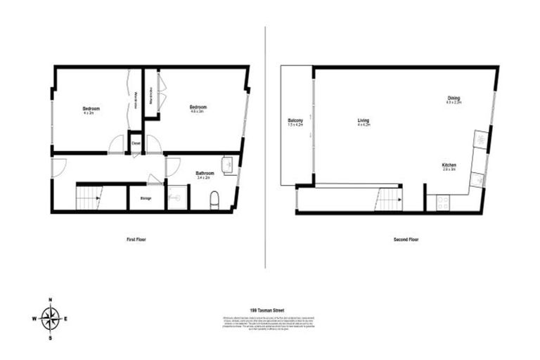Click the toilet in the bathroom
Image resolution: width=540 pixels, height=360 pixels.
[x=214, y=201]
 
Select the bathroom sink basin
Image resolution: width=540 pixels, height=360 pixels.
[x=229, y=165]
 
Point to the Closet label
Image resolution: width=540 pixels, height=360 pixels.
[x=136, y=143]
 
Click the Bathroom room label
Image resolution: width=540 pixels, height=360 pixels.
[x=205, y=174]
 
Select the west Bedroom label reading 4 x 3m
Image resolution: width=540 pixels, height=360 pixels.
[x=91, y=110]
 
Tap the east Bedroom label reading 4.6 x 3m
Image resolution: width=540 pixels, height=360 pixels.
[x=197, y=108]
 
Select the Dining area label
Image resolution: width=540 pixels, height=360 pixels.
[x=454, y=99]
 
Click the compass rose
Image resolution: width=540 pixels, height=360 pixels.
[x=51, y=319]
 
